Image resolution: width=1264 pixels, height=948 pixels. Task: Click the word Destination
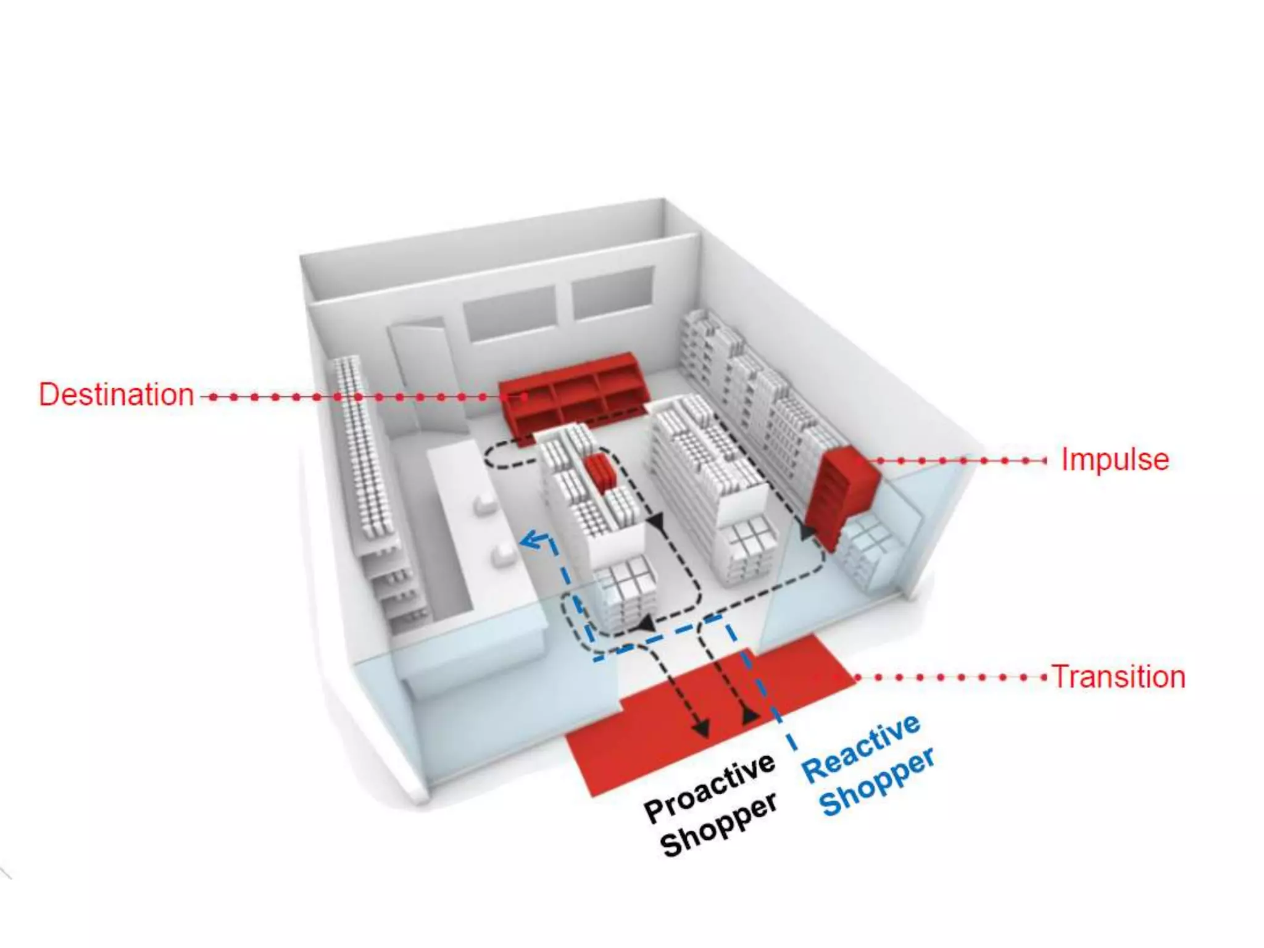(x=116, y=395)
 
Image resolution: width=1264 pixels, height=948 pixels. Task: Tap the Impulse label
(x=1115, y=460)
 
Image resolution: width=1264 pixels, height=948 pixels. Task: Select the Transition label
(x=1118, y=677)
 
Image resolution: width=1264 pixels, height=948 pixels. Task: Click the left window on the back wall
(x=510, y=314)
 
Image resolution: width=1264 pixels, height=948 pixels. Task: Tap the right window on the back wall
(x=612, y=292)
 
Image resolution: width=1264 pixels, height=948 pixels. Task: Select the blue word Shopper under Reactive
(x=876, y=783)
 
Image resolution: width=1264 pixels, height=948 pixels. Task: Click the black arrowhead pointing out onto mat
(x=701, y=729)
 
